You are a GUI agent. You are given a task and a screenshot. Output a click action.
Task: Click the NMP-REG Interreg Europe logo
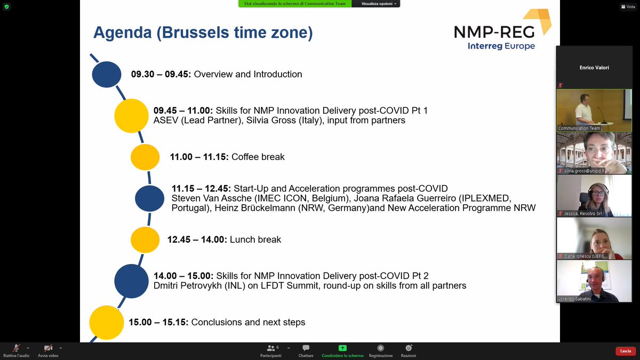[x=501, y=31]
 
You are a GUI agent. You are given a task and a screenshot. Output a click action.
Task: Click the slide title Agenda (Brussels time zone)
[x=203, y=33]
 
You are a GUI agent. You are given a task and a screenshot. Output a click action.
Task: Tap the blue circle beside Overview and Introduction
[x=107, y=74]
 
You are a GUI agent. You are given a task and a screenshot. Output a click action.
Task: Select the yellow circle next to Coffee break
[x=145, y=157]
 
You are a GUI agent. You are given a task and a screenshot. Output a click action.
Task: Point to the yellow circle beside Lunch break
[x=145, y=239]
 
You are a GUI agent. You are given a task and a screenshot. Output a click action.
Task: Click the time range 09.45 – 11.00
[x=183, y=110]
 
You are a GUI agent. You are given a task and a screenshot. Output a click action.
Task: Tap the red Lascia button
[x=626, y=351]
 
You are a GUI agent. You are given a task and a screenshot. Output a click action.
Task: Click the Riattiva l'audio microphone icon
[x=16, y=348]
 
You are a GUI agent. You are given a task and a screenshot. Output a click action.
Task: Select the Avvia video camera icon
[x=48, y=348]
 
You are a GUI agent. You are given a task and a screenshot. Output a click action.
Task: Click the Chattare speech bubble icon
[x=306, y=348]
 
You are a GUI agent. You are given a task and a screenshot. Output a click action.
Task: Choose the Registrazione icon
[x=380, y=348]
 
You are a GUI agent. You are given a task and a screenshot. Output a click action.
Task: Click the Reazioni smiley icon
[x=408, y=348]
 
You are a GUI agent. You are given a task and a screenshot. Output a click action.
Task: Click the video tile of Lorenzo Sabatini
[x=587, y=281]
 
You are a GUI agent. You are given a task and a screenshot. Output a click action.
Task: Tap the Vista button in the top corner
[x=627, y=6]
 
